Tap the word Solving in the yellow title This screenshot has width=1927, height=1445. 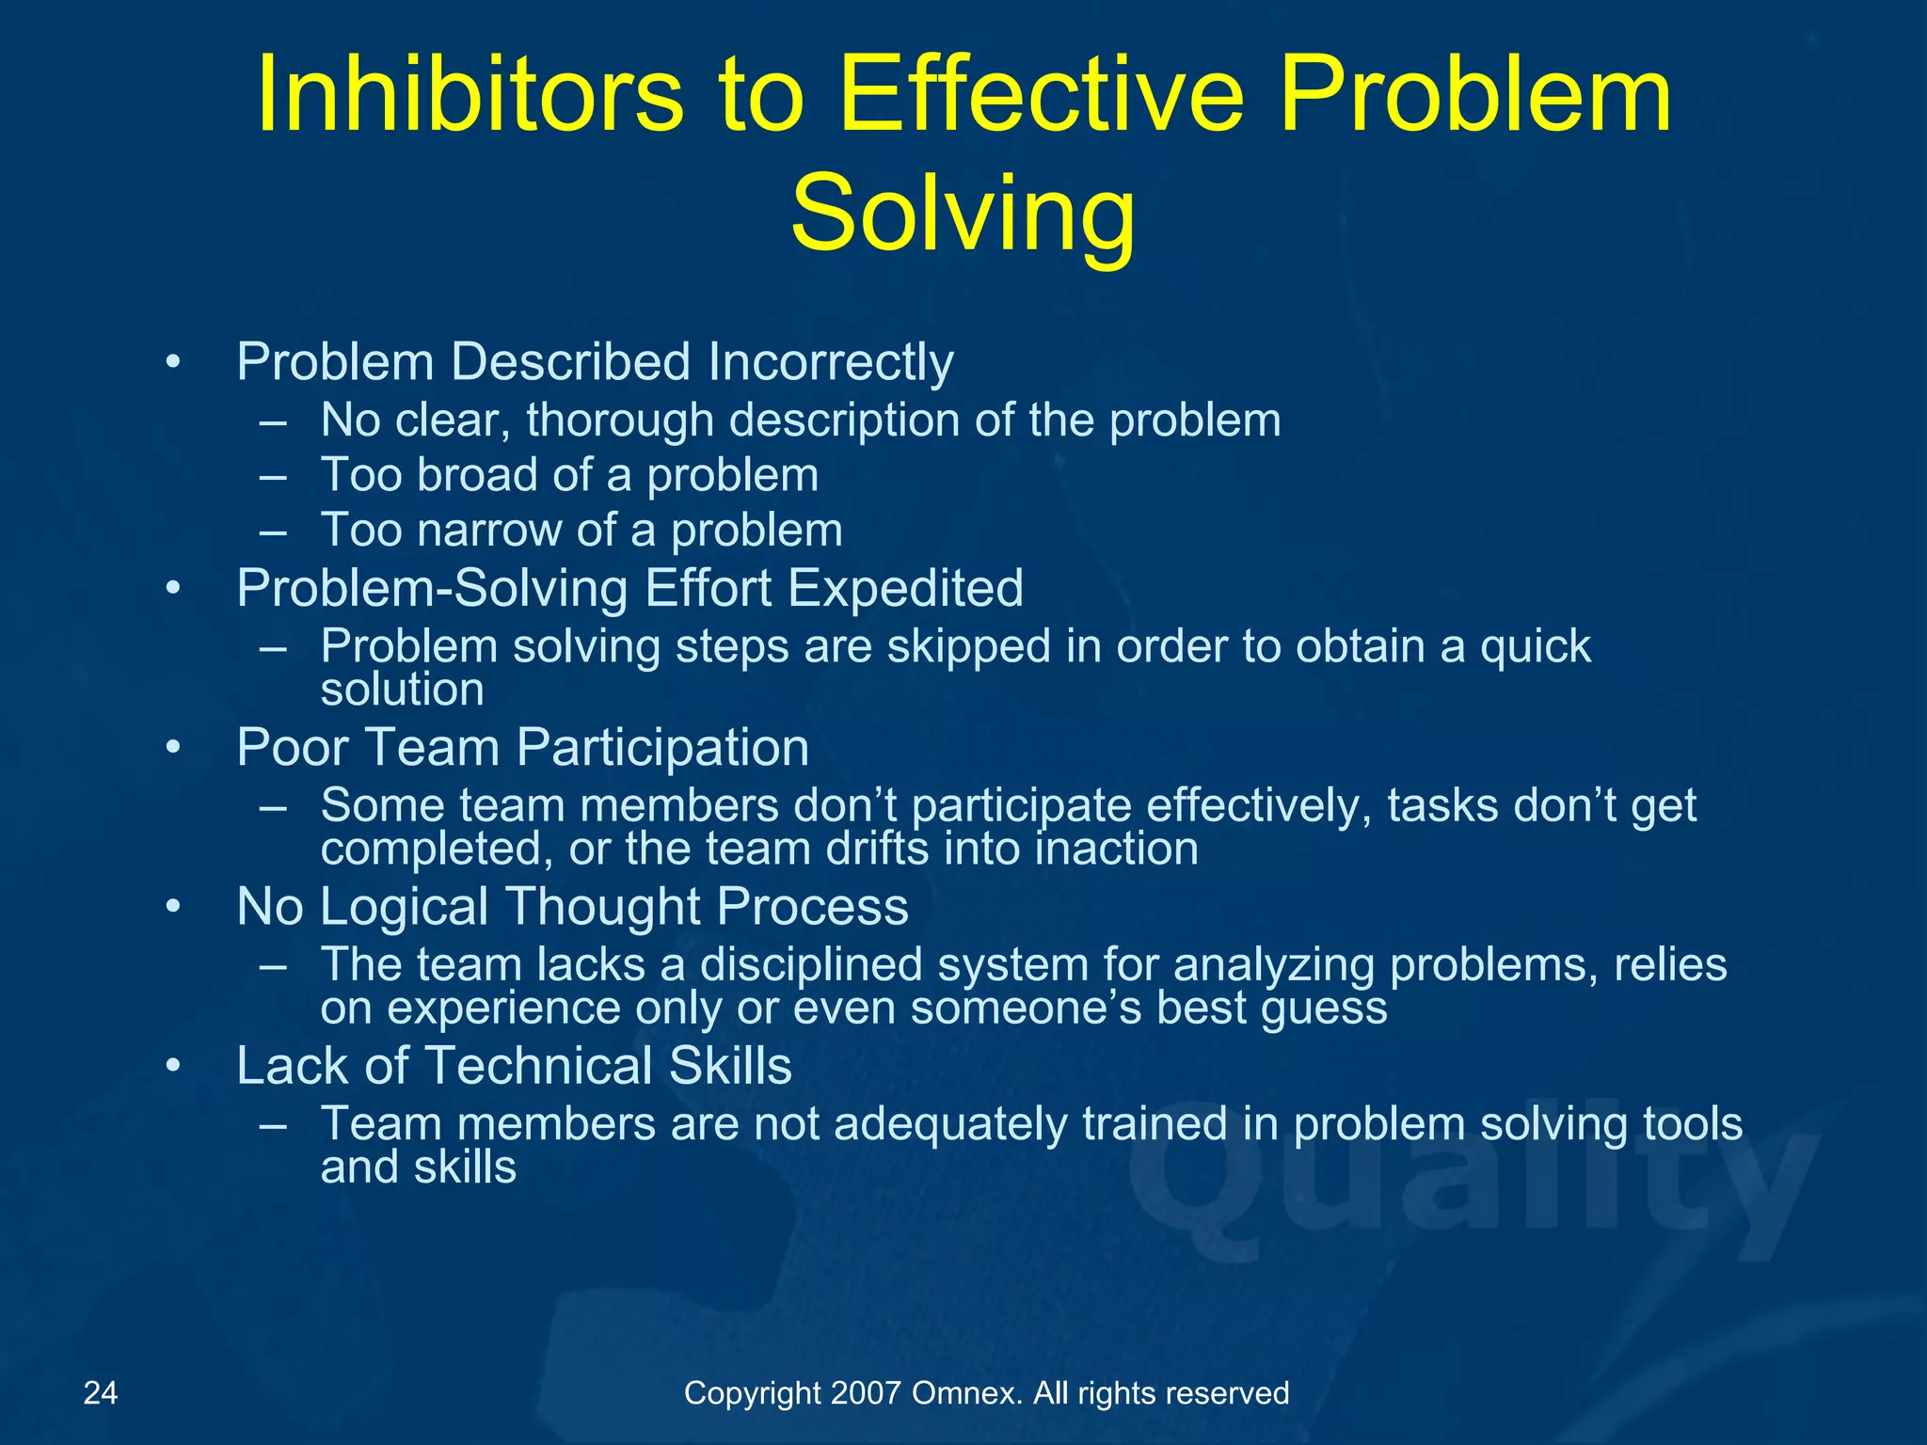pyautogui.click(x=963, y=214)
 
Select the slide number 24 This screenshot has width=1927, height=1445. pyautogui.click(x=101, y=1392)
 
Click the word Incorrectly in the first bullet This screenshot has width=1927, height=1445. pyautogui.click(x=831, y=362)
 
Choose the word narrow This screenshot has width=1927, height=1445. pyautogui.click(x=489, y=531)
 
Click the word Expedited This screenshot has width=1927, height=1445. pyautogui.click(x=904, y=589)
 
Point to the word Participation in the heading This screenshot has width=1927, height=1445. pyautogui.click(x=662, y=748)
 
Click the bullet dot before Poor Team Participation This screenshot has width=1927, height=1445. pyautogui.click(x=172, y=749)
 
